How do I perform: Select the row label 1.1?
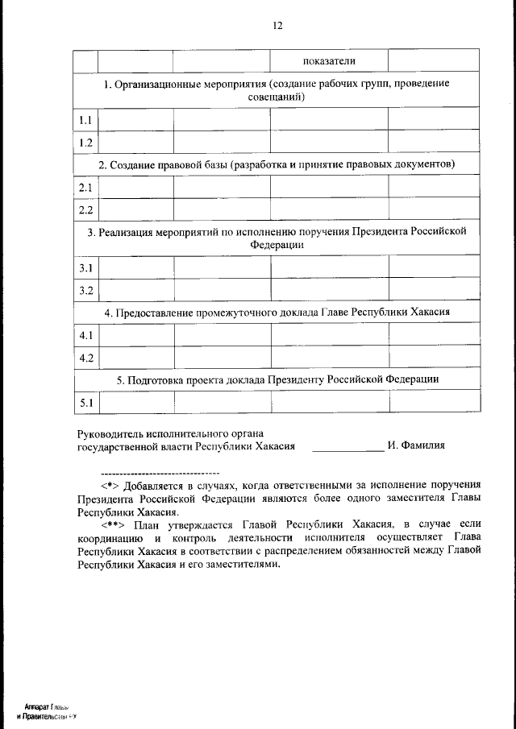pos(85,120)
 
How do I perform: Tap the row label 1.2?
pos(85,143)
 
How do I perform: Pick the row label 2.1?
pos(85,188)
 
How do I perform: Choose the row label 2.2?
pos(85,210)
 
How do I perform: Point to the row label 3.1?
pos(85,267)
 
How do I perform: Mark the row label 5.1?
pos(85,402)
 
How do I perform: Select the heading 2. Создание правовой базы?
pos(277,165)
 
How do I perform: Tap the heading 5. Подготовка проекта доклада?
pos(277,379)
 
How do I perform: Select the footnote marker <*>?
pos(110,486)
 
